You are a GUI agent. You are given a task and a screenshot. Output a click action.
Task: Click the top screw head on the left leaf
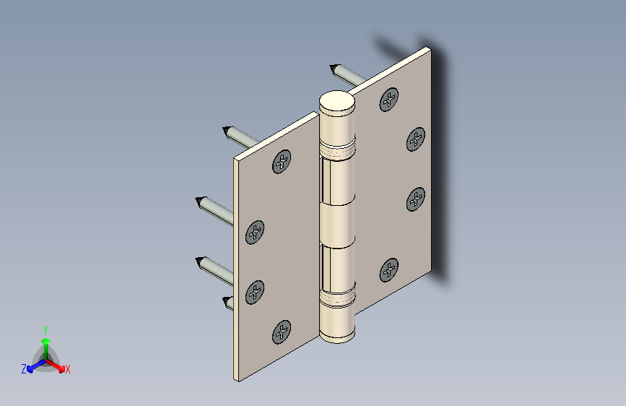point(282,161)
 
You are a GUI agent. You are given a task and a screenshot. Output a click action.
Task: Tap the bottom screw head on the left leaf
point(282,332)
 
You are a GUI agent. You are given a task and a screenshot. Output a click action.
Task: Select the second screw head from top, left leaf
point(255,232)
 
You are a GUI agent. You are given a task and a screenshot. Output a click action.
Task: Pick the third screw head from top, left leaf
point(255,292)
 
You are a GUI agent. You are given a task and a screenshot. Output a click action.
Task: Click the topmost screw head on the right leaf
point(389,100)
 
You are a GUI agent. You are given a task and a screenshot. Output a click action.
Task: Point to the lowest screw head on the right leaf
point(389,270)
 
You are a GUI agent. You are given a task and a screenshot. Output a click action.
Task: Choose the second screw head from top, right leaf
point(416,139)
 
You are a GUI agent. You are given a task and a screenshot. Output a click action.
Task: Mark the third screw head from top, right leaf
point(416,199)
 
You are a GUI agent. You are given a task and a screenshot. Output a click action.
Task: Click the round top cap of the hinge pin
point(337,100)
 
